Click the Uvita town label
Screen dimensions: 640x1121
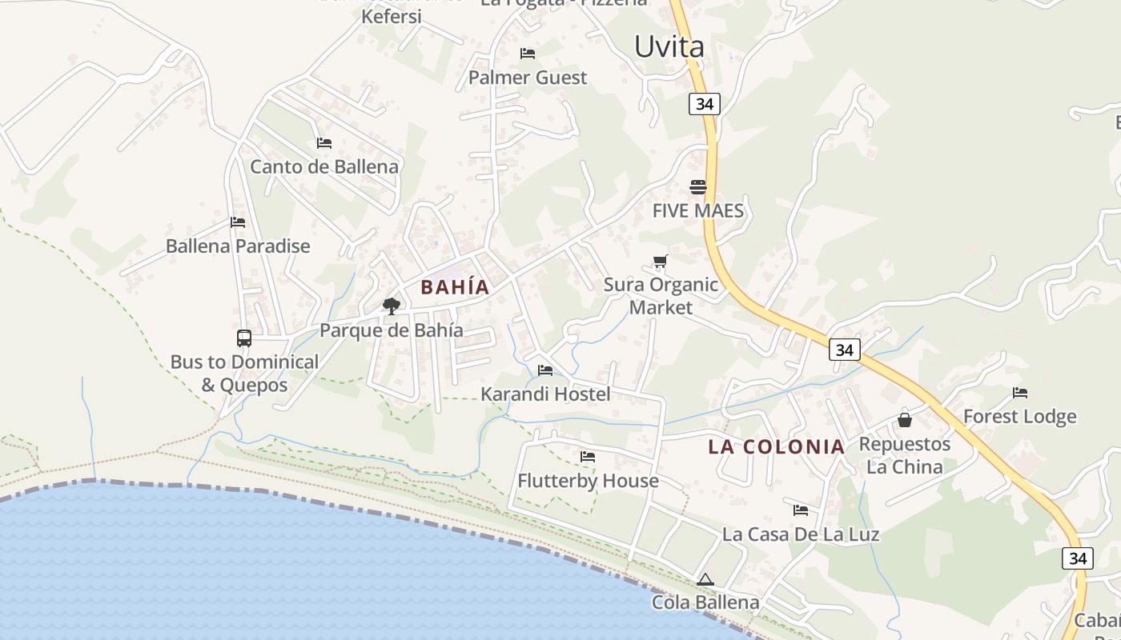669,46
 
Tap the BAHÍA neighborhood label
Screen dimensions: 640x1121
455,287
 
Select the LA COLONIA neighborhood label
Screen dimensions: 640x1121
776,447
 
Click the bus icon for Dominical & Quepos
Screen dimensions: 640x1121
244,338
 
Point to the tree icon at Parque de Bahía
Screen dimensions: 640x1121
392,306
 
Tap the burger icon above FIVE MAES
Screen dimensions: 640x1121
698,187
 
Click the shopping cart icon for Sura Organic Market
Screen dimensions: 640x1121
661,261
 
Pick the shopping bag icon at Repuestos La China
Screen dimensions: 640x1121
905,420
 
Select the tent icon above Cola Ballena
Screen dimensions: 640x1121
705,579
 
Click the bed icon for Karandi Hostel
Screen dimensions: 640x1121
545,370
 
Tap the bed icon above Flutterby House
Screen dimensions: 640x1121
588,457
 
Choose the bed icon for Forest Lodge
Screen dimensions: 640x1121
1020,393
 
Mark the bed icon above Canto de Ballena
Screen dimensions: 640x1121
324,143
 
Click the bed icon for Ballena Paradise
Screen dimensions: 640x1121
238,222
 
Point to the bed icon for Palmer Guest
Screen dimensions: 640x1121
528,54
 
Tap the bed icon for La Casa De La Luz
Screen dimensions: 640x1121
801,510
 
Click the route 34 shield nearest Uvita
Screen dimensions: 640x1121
705,104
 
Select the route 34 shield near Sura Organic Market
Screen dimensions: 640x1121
845,350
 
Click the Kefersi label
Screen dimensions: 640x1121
392,16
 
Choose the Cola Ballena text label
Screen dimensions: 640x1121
705,602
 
